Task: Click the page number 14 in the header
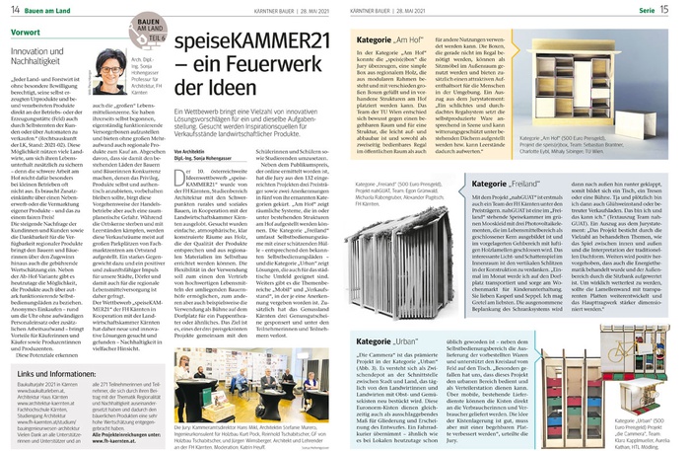tap(14, 9)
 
